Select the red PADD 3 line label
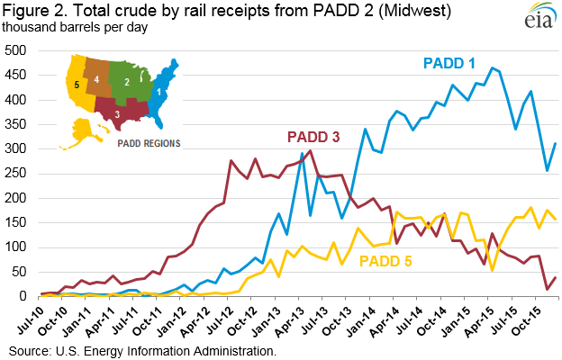315,138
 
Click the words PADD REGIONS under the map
149,142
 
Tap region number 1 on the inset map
159,91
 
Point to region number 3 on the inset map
115,113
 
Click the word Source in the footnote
30,349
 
